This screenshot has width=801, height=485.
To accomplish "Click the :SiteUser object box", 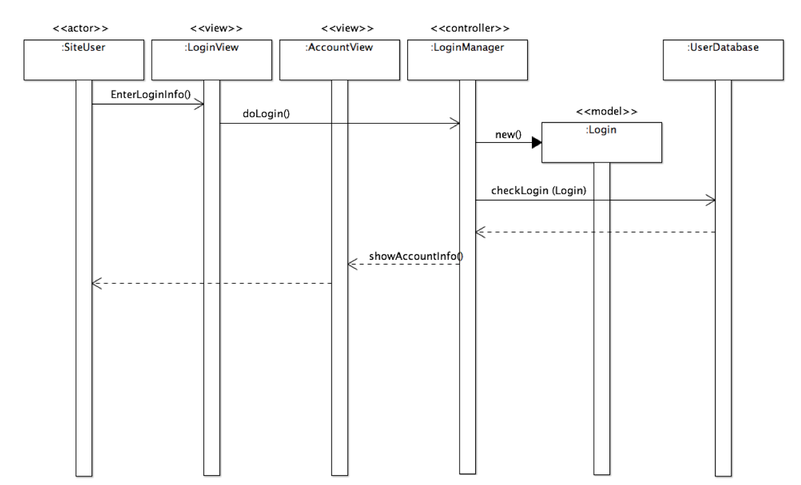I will point(84,60).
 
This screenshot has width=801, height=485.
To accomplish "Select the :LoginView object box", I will point(211,60).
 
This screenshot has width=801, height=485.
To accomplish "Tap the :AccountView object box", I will point(339,60).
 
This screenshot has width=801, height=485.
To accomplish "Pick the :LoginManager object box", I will point(467,60).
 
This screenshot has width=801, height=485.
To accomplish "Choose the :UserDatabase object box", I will point(723,60).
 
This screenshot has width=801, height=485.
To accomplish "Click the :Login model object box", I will point(601,141).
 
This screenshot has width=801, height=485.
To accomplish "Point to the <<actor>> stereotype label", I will point(80,28).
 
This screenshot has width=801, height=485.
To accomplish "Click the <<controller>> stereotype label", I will point(469,28).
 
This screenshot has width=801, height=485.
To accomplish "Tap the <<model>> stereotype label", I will point(606,111).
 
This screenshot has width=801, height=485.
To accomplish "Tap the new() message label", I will point(507,135).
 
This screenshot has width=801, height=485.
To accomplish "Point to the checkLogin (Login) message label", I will point(538,191).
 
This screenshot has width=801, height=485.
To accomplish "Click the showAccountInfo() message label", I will point(415,255).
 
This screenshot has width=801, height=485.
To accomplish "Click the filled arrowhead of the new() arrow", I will point(536,143).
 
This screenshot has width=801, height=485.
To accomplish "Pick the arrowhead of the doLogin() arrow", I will point(455,123).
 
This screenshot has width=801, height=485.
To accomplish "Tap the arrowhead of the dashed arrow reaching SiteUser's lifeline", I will point(96,283).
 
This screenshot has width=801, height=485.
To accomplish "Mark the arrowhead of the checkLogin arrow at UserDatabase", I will point(711,200).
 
